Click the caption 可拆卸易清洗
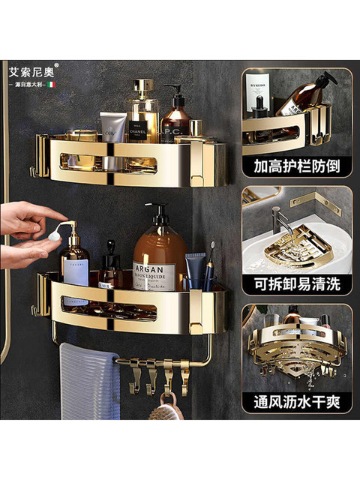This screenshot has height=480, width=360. click(296, 283)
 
